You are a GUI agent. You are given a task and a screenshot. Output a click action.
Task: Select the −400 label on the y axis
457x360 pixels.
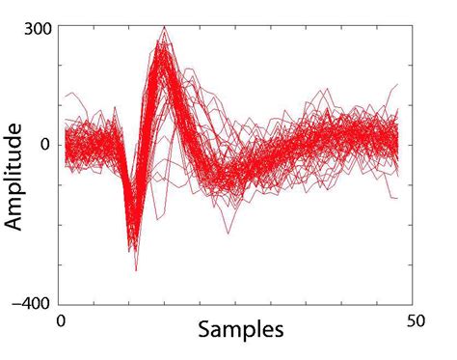(x=33, y=304)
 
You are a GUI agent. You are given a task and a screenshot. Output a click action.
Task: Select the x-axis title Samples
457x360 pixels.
(x=240, y=329)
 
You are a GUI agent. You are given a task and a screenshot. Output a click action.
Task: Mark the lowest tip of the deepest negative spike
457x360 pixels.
(x=136, y=270)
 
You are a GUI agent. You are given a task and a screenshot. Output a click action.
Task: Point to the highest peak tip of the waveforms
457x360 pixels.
(x=165, y=27)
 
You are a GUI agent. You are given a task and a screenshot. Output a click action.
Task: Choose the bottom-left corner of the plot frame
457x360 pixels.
(x=62, y=305)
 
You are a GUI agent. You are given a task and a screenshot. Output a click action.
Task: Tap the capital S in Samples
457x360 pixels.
(x=204, y=329)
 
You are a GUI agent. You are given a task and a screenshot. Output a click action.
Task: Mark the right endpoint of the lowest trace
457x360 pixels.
(x=397, y=199)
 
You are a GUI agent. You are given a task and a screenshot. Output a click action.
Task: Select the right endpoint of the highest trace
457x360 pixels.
(x=397, y=84)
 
